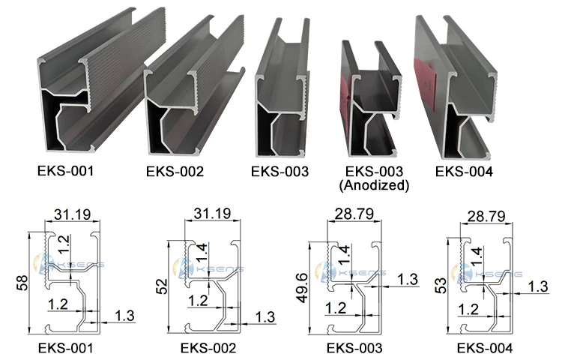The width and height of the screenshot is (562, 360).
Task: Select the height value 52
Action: (x=162, y=286)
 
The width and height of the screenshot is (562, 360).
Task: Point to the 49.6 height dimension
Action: (x=302, y=288)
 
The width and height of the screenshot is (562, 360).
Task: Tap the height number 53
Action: (x=441, y=286)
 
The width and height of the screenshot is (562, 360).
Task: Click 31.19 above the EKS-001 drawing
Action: (x=73, y=214)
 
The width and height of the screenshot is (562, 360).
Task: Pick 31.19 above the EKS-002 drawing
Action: (x=213, y=213)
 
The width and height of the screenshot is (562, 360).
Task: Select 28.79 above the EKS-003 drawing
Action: (x=354, y=214)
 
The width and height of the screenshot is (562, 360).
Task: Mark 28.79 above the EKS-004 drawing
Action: (x=486, y=216)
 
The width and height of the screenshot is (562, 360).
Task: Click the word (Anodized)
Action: (x=374, y=185)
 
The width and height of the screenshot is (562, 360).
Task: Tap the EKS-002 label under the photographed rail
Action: (x=175, y=172)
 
